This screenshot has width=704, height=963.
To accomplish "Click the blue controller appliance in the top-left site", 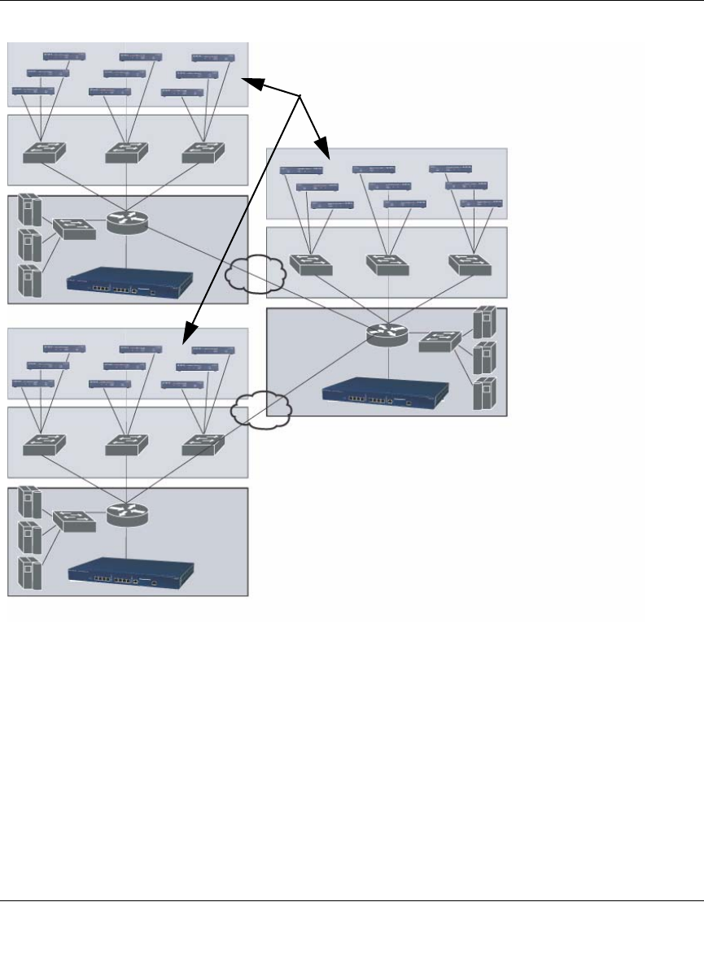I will point(130,281).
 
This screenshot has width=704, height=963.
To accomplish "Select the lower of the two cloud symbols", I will point(262,411).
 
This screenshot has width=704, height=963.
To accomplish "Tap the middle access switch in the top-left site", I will point(126,152).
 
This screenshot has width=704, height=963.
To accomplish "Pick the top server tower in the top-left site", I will point(28,210).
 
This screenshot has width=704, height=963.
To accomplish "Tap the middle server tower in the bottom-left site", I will point(28,536).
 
